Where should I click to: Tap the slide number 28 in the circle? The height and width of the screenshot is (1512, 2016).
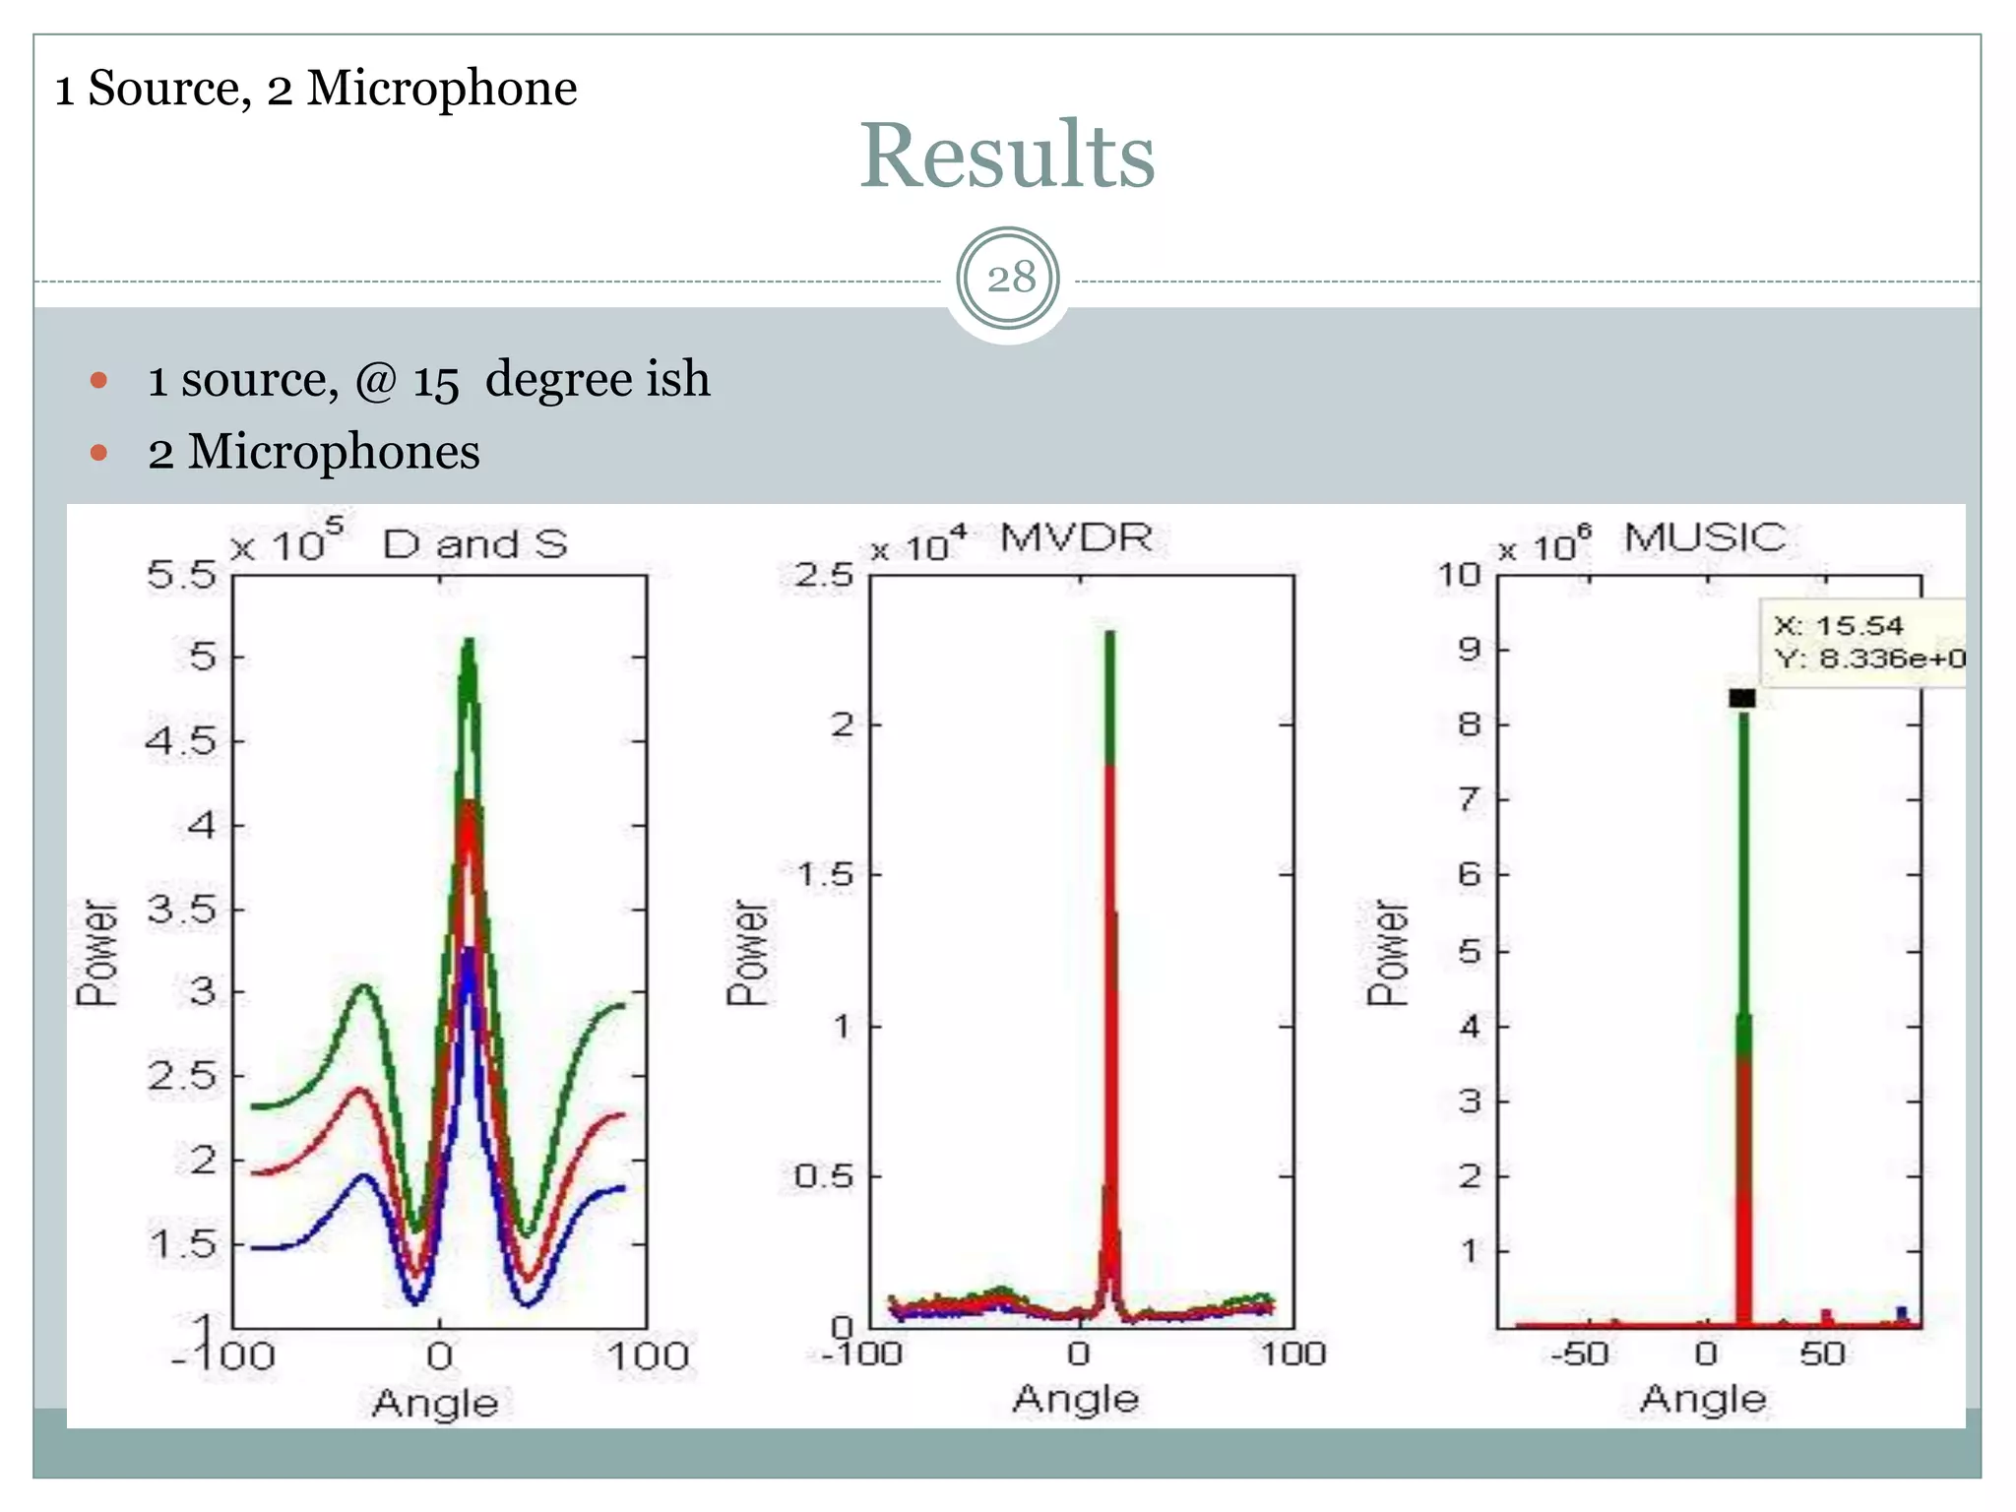[x=1010, y=279]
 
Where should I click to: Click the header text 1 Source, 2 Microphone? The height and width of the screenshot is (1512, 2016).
[x=315, y=89]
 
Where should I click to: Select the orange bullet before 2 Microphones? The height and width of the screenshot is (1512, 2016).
[x=98, y=453]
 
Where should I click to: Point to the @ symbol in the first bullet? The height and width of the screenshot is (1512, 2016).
[x=375, y=381]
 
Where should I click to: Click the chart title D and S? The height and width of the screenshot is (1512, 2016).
[x=474, y=544]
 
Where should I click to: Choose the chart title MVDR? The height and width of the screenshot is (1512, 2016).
[x=1076, y=538]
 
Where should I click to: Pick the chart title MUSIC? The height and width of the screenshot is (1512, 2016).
[x=1704, y=538]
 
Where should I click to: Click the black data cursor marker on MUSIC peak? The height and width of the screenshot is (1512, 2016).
[x=1741, y=698]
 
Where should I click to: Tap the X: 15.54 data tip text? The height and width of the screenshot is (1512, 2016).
[x=1838, y=626]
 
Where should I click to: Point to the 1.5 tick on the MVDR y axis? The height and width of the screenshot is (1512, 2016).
[x=825, y=874]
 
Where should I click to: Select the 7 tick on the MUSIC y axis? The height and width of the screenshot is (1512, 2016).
[x=1470, y=798]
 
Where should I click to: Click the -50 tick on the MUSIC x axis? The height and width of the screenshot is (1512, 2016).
[x=1580, y=1354]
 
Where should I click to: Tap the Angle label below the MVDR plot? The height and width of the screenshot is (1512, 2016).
[x=1076, y=1399]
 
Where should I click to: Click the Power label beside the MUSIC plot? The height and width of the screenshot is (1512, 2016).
[x=1387, y=952]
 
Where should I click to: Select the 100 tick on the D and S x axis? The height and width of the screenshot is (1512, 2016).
[x=647, y=1356]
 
